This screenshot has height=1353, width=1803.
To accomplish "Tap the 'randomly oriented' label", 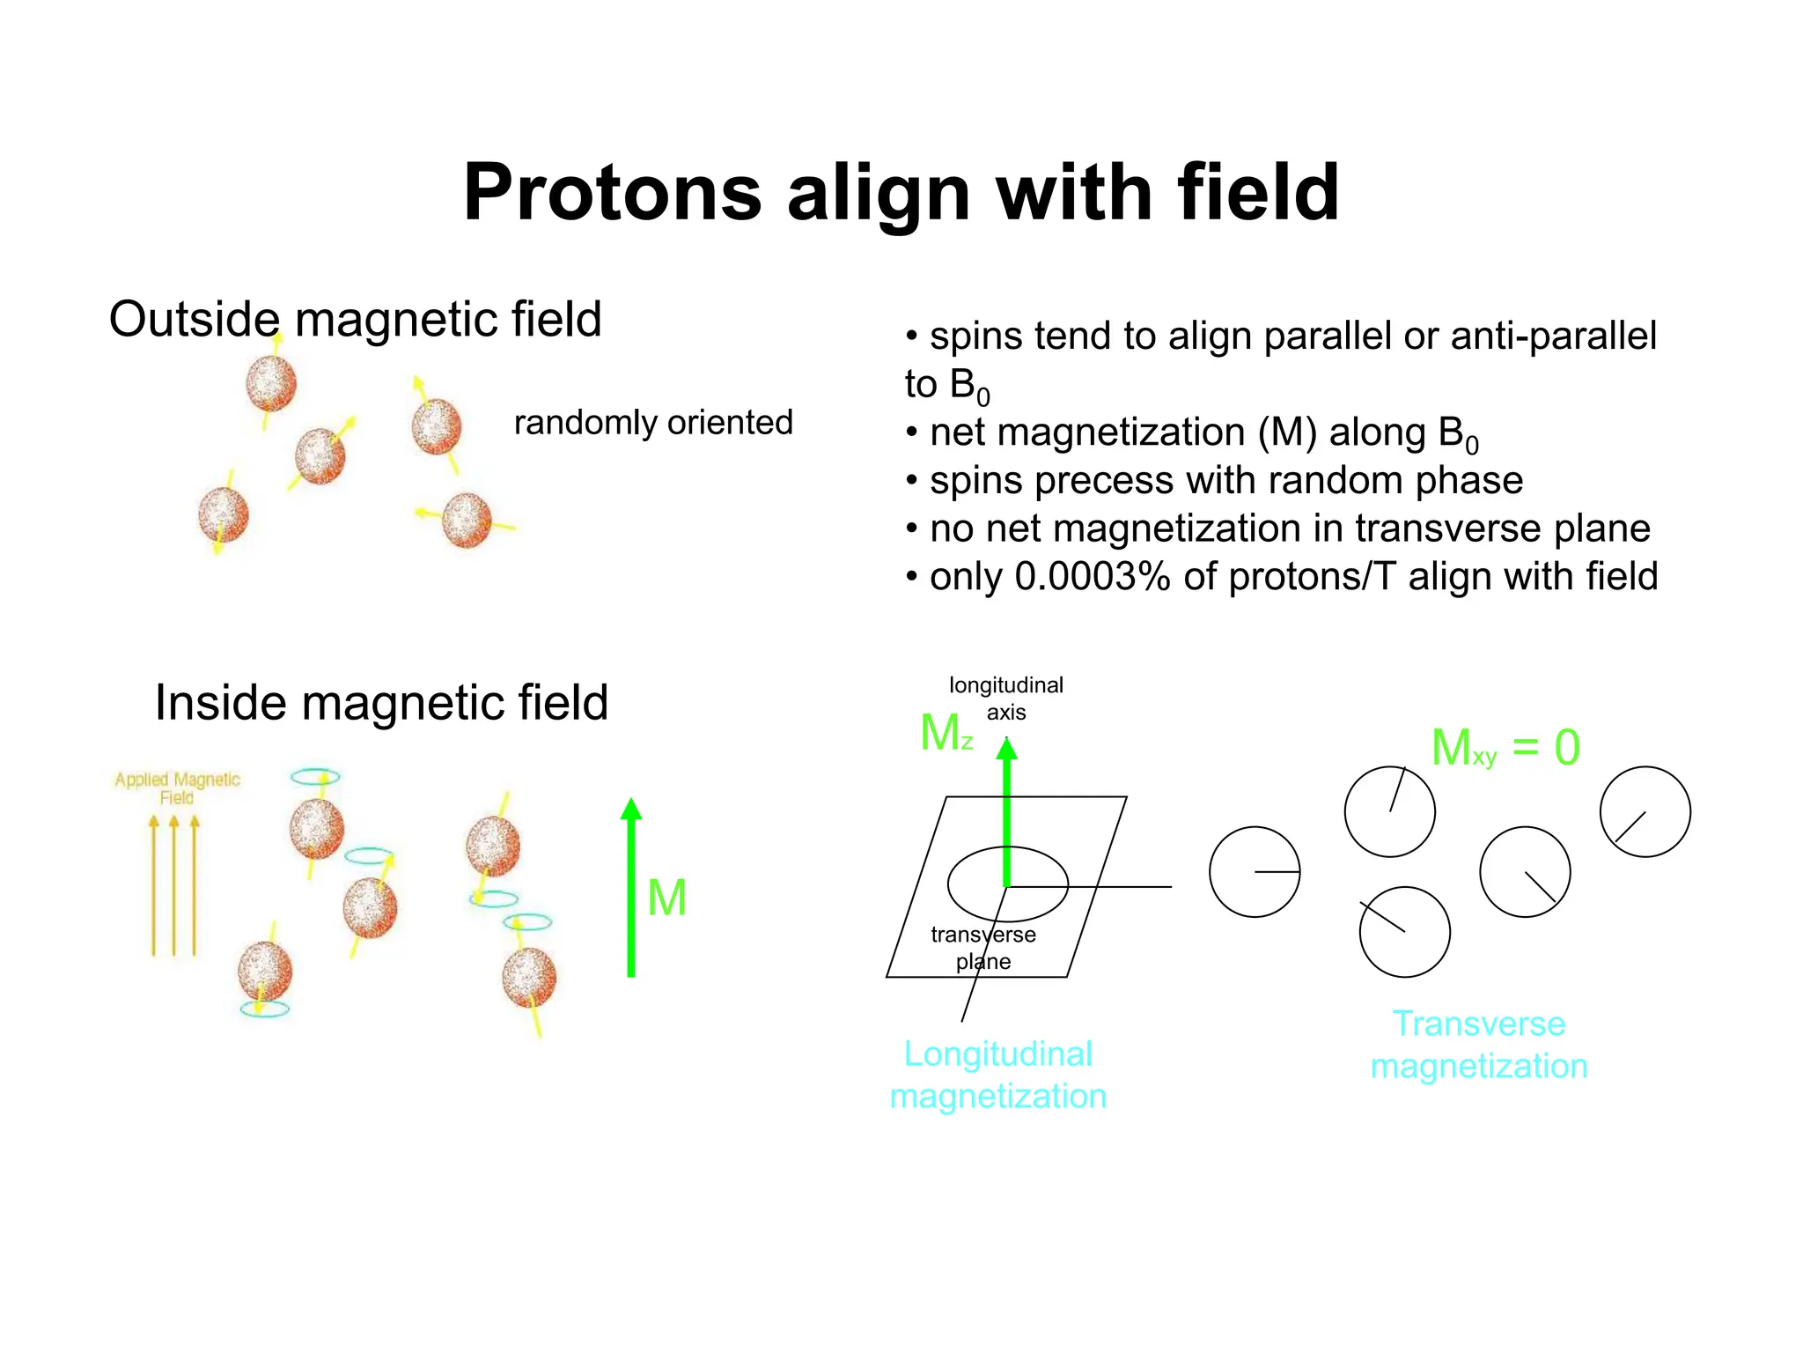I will [653, 423].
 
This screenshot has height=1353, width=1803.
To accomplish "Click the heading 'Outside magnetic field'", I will [355, 319].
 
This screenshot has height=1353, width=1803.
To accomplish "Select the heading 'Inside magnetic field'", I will [381, 703].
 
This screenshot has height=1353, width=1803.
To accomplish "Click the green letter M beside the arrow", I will [666, 898].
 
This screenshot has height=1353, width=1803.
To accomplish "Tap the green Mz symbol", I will [946, 733].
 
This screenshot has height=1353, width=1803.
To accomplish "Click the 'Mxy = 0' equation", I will [1505, 748].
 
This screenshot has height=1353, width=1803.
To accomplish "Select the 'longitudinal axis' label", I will [1005, 699].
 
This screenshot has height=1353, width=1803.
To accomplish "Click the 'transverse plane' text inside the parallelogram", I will [982, 948].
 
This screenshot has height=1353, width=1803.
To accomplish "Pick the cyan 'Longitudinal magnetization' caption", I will [997, 1075].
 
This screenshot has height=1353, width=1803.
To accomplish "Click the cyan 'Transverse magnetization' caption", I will [1479, 1045].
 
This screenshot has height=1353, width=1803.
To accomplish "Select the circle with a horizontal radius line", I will [1255, 872].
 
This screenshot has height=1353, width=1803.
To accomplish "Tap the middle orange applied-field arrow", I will [173, 885].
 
